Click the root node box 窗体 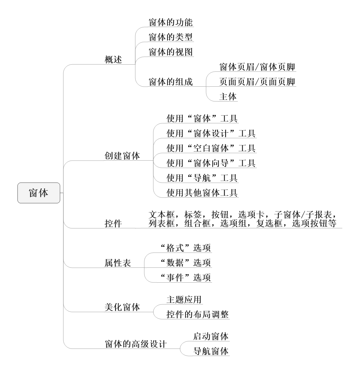pos(39,193)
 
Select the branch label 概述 pos(113,60)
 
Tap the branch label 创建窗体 pos(122,156)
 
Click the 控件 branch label pos(113,223)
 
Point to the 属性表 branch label pos(118,263)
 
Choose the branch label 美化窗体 pos(122,307)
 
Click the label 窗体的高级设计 pos(136,344)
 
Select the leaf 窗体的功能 pos(171,22)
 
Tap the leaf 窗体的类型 pos(171,37)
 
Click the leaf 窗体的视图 pos(171,52)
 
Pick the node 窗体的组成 pos(171,82)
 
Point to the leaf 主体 pos(228,97)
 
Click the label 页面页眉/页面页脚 pos(257,82)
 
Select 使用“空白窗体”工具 pos(211,148)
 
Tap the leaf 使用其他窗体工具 pos(202,193)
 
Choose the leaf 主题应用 pos(184,300)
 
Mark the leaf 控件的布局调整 pos(197,314)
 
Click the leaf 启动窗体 pos(211,336)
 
